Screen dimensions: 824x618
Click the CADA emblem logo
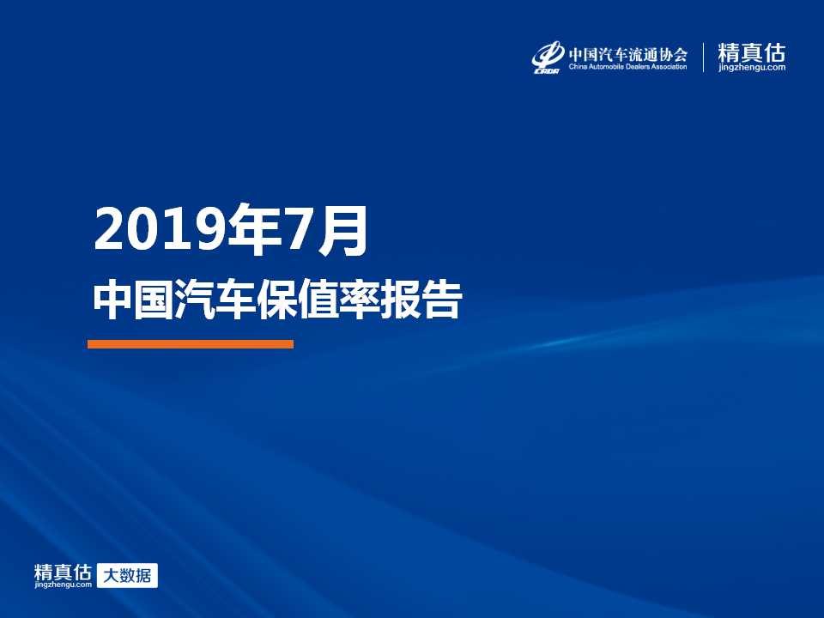(x=548, y=58)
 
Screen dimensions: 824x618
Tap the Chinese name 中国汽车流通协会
(x=628, y=54)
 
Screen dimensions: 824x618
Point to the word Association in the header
(x=668, y=67)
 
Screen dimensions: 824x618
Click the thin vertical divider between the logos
(x=703, y=58)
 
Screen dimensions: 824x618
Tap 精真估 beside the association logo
(x=752, y=52)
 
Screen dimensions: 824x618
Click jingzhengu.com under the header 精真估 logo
(x=752, y=68)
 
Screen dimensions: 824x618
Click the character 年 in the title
(x=254, y=230)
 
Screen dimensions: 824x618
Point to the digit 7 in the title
(x=300, y=231)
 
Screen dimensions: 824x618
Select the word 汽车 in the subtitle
(x=215, y=300)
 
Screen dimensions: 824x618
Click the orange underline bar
(x=191, y=344)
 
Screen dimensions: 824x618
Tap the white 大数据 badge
(x=127, y=575)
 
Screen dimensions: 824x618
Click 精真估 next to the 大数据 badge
(x=63, y=573)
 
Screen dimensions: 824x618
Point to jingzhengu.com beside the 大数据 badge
(x=63, y=585)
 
